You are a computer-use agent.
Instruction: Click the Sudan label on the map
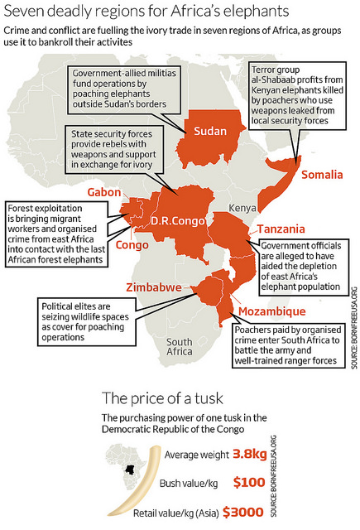pos(210,131)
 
